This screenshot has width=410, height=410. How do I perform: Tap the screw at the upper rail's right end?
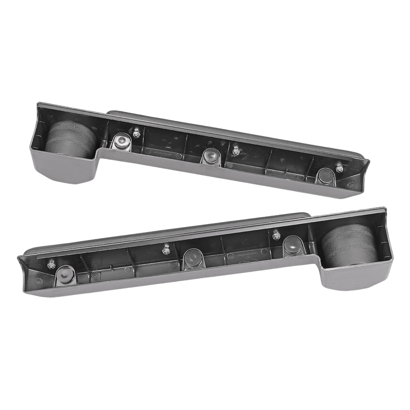[338, 168]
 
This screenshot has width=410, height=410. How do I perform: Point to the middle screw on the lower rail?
[166, 248]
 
